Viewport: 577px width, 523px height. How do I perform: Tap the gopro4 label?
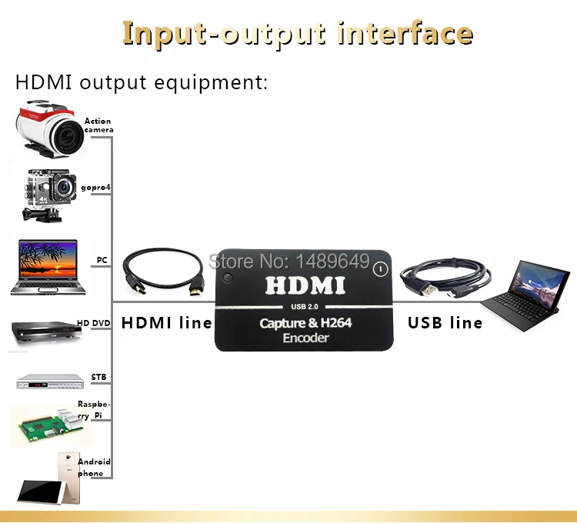click(x=96, y=188)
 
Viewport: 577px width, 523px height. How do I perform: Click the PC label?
click(x=102, y=260)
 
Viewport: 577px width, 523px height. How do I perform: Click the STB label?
click(x=98, y=378)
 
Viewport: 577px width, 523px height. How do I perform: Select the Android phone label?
click(x=94, y=468)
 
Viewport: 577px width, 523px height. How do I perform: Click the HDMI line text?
click(x=166, y=322)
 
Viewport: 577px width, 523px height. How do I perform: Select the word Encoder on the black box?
click(x=305, y=338)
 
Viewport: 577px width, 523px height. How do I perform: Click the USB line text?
click(x=445, y=322)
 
